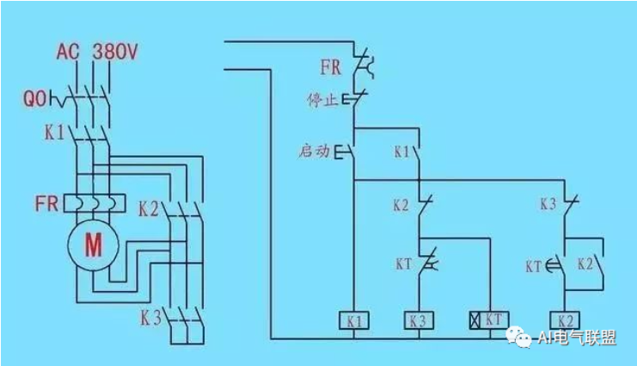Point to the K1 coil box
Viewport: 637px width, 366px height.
pos(355,319)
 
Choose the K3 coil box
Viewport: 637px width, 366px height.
pos(418,319)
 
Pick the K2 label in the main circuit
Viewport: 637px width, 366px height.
pos(150,208)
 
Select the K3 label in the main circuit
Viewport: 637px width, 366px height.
pos(151,318)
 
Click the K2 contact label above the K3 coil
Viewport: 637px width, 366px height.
pos(401,205)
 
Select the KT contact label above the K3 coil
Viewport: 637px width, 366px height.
pos(403,264)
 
